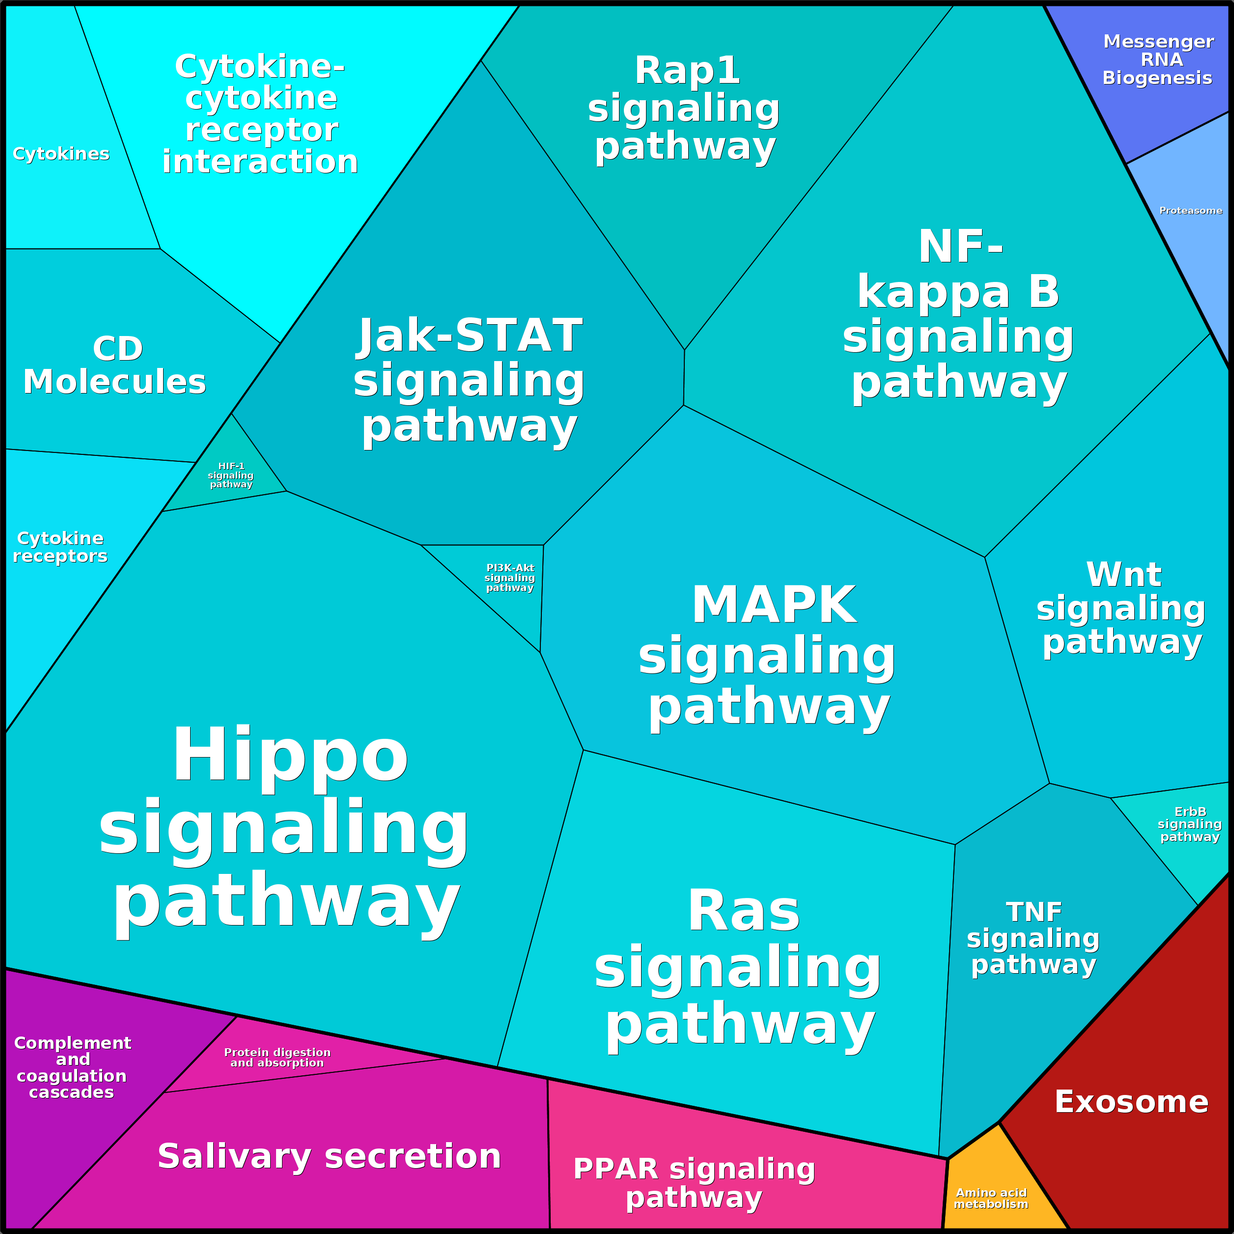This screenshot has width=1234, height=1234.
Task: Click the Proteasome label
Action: click(1191, 211)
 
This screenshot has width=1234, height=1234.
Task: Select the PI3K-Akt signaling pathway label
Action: click(510, 577)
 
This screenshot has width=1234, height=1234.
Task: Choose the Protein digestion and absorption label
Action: click(277, 1057)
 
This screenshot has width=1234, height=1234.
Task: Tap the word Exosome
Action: click(1131, 1102)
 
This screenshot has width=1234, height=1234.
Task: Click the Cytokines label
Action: click(61, 154)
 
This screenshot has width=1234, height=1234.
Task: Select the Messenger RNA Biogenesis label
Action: click(1157, 59)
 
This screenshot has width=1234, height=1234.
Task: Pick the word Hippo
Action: click(291, 755)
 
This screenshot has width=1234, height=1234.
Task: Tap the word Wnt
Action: click(1123, 574)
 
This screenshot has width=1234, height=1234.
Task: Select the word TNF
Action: click(1034, 913)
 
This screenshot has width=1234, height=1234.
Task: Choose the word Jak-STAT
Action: click(470, 336)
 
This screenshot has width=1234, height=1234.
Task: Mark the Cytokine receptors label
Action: click(60, 547)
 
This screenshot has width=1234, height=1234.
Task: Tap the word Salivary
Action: click(235, 1157)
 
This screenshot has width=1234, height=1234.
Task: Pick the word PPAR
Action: click(616, 1169)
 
